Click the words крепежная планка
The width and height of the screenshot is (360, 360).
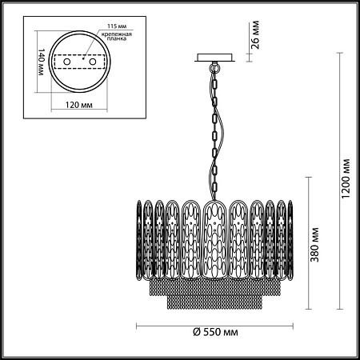pos(114,40)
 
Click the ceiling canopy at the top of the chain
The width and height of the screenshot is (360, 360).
pos(214,57)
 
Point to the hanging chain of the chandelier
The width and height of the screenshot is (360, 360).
pos(215,128)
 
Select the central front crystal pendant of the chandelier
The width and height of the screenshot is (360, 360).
pos(214,240)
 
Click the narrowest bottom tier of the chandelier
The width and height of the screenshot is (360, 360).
pos(214,304)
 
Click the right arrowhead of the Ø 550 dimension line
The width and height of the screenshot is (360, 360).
pos(291,326)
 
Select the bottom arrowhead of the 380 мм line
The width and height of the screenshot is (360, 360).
pos(307,307)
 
